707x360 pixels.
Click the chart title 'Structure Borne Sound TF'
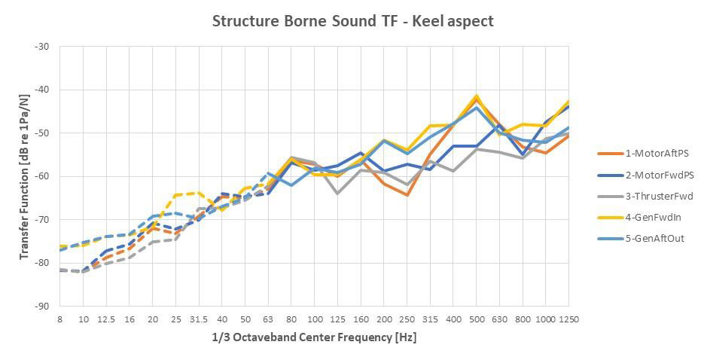click(353, 21)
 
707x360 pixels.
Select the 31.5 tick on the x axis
click(199, 319)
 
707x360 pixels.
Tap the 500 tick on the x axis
click(476, 319)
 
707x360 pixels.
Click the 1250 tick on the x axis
click(568, 319)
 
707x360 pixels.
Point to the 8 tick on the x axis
click(60, 319)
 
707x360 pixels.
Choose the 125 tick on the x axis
click(337, 319)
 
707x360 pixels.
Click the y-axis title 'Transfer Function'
click(24, 176)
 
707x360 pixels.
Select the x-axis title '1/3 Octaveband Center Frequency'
click(314, 337)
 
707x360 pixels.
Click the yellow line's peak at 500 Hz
click(476, 96)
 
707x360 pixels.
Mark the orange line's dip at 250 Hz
click(407, 195)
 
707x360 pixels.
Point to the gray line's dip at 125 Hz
click(337, 194)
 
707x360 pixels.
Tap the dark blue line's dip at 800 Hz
click(522, 154)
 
